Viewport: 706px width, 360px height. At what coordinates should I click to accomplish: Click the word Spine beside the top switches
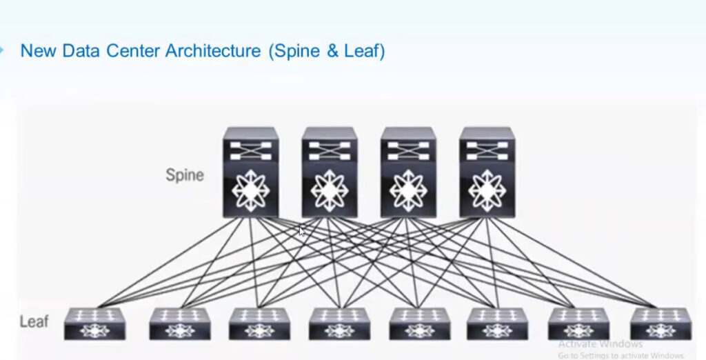point(185,174)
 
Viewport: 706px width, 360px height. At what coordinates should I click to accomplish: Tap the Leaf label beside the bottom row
point(33,321)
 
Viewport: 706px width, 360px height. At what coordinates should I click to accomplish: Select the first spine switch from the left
point(250,172)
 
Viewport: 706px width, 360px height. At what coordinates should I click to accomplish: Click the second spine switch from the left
point(329,172)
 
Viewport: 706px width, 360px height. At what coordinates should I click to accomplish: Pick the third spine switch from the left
point(408,172)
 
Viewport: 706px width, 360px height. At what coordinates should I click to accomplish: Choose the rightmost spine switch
point(487,172)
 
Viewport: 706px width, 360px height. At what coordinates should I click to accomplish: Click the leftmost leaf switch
point(94,323)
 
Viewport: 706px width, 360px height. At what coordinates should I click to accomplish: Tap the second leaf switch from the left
point(179,323)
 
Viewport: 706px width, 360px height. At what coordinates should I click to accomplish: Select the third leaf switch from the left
point(259,323)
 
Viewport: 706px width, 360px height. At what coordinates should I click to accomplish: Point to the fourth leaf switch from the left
point(339,323)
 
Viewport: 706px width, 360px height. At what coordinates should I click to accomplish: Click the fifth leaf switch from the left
point(418,323)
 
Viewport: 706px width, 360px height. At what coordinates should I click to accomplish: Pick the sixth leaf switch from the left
point(497,323)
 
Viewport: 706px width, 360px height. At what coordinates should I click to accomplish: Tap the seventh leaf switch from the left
point(578,323)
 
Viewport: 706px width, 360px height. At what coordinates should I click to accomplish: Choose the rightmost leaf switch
point(658,323)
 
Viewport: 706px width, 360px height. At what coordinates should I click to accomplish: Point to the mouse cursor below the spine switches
point(302,232)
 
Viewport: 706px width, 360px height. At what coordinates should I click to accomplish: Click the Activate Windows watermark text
point(600,344)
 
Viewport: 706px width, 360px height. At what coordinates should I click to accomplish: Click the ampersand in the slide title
point(334,51)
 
